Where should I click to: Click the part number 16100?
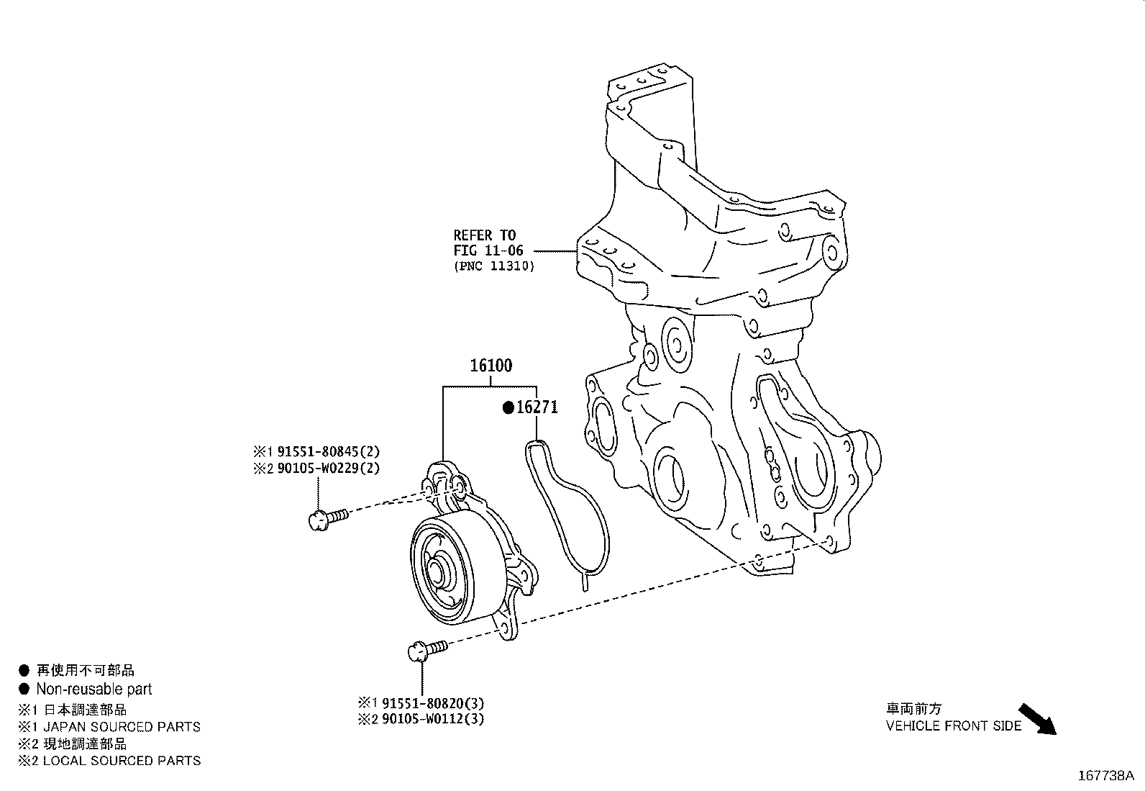tap(491, 366)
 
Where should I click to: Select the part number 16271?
tap(537, 408)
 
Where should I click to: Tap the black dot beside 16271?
tap(508, 408)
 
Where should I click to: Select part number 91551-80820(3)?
tap(432, 702)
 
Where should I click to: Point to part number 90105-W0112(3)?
tap(432, 719)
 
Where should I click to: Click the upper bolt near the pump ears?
tap(326, 517)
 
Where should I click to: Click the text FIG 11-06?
tap(488, 250)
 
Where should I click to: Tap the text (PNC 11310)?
tap(493, 266)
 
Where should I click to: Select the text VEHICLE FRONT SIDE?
tap(953, 726)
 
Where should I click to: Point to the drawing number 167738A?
tap(1105, 776)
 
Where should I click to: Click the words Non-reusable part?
tap(93, 689)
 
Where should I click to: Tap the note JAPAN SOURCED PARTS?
tap(121, 727)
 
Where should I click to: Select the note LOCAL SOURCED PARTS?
tap(121, 760)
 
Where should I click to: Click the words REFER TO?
tap(484, 235)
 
